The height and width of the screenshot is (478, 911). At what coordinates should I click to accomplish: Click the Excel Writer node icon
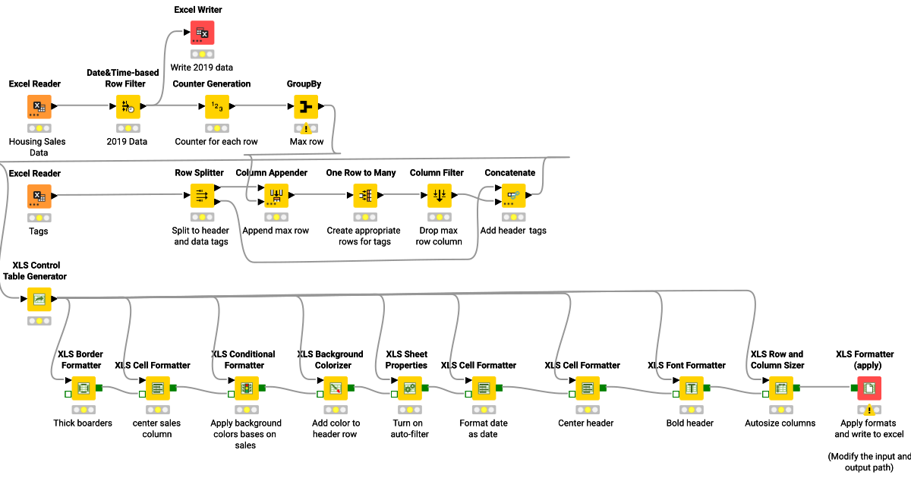coord(202,32)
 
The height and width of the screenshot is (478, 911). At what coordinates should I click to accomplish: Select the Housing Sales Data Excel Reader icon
coord(39,107)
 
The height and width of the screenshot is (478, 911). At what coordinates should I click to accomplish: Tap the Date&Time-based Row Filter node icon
coord(128,107)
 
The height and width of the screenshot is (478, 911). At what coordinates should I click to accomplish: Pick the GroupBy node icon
coord(306,107)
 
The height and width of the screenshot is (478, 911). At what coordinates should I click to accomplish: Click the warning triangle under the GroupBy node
coord(306,129)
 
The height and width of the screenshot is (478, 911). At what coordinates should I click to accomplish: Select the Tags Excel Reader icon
coord(39,196)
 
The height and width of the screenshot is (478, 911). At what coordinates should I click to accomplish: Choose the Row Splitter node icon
coord(202,196)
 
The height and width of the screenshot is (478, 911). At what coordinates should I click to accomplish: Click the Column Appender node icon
coord(276,196)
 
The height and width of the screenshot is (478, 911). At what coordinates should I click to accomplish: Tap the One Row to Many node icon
coord(365,196)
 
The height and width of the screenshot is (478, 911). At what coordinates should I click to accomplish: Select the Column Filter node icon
coord(440,196)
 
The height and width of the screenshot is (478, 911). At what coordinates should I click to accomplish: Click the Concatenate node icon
coord(513,196)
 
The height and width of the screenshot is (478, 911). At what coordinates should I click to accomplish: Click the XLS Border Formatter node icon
coord(84,388)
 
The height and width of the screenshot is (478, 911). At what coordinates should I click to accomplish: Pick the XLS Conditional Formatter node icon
coord(247,388)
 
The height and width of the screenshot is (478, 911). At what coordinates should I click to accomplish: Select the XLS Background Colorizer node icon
coord(336,388)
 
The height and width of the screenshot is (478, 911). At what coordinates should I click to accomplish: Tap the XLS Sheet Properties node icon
coord(410,388)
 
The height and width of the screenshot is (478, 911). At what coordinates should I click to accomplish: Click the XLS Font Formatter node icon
coord(692,388)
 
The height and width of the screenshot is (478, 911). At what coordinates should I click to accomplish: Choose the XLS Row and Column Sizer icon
coord(780,388)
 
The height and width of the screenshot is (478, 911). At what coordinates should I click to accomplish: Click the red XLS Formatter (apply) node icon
coord(869,388)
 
